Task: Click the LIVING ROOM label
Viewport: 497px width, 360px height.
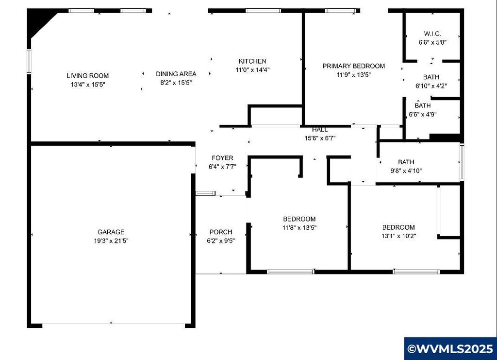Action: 87,76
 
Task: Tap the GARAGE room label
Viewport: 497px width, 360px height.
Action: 111,232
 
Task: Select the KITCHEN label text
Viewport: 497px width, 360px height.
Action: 252,61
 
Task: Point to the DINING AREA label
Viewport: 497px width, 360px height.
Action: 176,74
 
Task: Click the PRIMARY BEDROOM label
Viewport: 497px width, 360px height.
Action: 354,66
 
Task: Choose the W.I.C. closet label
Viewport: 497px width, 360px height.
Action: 432,34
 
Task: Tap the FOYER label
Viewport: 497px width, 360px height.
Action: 222,158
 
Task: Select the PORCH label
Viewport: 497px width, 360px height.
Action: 221,232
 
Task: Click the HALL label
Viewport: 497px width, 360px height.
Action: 320,130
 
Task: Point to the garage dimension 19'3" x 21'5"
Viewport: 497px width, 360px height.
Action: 111,241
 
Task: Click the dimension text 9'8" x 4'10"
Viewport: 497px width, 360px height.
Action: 406,171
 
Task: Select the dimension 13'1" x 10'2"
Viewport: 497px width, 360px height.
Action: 399,236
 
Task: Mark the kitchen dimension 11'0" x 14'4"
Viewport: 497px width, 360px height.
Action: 252,70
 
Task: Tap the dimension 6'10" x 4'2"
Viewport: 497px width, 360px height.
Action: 431,86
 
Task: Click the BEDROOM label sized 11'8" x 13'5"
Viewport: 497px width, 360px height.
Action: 299,219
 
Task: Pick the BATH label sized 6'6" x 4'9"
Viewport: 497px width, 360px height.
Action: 423,105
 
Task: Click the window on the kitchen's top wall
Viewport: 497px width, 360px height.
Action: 263,11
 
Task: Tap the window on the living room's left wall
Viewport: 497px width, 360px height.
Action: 29,61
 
